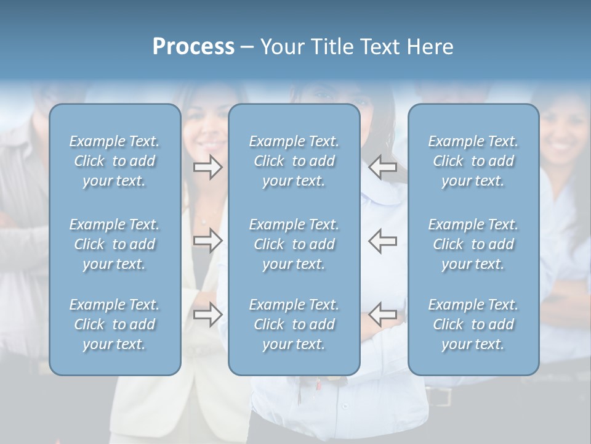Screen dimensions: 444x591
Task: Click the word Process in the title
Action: [x=193, y=47]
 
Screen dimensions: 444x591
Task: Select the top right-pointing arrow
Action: [x=208, y=167]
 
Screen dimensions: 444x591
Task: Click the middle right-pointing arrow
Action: [x=208, y=240]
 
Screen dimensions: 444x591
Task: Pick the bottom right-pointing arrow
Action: [x=208, y=314]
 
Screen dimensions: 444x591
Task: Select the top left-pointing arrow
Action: [x=383, y=167]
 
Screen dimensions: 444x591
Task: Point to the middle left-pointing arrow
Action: [x=383, y=240]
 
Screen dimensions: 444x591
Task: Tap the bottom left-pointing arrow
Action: [x=383, y=314]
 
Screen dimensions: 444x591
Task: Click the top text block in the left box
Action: [x=115, y=161]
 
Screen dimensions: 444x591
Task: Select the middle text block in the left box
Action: [x=115, y=244]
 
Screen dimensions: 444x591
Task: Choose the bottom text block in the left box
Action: [x=115, y=324]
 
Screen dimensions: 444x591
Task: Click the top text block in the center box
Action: [x=294, y=161]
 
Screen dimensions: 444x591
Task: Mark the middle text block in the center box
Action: [x=294, y=244]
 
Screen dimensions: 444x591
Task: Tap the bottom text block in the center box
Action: [x=294, y=324]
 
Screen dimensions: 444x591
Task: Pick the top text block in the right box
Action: [x=473, y=161]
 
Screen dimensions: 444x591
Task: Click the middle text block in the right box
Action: [x=473, y=244]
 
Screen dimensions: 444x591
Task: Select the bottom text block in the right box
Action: [x=473, y=324]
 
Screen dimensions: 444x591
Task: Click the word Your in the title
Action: [x=281, y=47]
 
